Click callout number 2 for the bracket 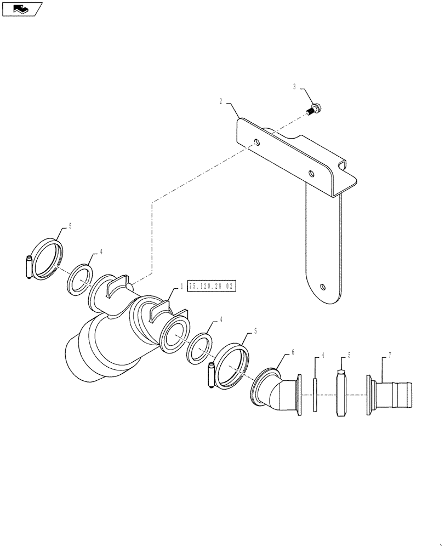click(221, 101)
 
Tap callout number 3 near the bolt click(294, 87)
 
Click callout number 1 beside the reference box click(182, 287)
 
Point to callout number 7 click(390, 356)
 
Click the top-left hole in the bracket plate click(258, 143)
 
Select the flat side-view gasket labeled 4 click(316, 393)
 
